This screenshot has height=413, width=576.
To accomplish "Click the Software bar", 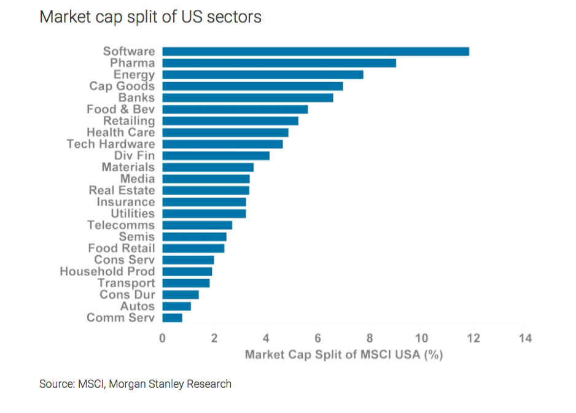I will coord(316,52).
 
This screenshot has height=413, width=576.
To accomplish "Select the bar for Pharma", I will coord(279,63).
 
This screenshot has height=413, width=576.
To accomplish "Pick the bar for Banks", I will coord(247,98).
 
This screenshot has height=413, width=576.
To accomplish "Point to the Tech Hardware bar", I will coord(222,144).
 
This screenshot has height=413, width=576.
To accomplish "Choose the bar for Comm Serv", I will coord(172,318).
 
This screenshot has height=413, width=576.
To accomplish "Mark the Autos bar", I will coord(176,306).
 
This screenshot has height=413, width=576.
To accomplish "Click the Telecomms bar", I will coord(197,225).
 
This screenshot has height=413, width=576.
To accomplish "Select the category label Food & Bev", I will coord(120,109).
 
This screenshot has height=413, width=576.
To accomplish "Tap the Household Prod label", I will coord(107,271).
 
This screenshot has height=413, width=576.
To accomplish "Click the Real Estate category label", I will coord(122,190).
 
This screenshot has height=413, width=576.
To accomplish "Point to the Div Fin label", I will coord(134,155).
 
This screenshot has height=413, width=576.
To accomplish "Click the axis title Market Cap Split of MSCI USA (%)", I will coord(343,355).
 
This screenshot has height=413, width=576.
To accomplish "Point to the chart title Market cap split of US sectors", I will coord(150,17).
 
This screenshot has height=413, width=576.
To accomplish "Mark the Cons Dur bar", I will coord(181,295).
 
